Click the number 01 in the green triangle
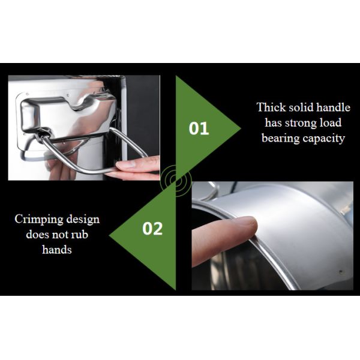199,128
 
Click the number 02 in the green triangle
152,229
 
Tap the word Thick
271,107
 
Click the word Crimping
39,220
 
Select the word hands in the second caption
57,250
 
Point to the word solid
301,107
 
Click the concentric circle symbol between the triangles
176,181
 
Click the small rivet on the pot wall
341,272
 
